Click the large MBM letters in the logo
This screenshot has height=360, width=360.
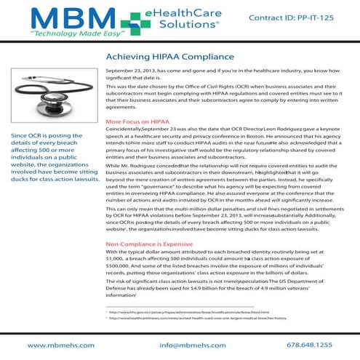(49, 21)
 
